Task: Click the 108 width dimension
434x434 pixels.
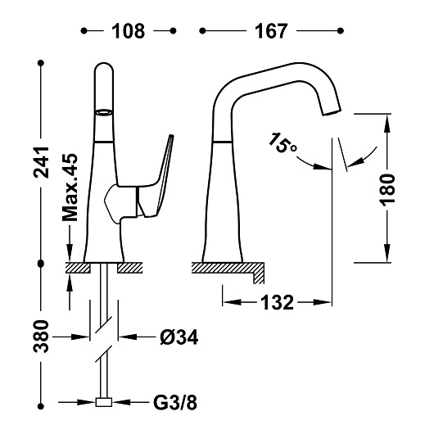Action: (129, 31)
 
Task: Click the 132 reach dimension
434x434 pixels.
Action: (276, 303)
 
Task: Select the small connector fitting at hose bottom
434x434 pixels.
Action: (103, 403)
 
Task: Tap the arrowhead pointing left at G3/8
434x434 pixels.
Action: (124, 403)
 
